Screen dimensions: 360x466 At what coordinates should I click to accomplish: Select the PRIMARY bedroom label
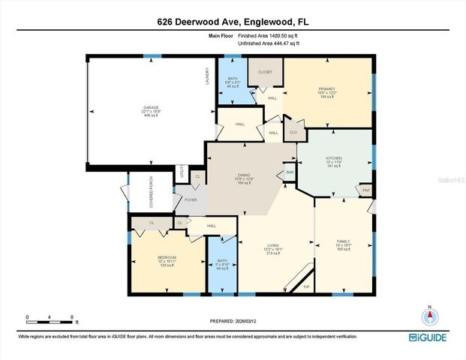pos(327,88)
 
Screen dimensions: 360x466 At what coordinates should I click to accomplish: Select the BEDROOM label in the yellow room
pos(167,258)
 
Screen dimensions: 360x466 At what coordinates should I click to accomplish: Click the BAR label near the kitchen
pos(290,174)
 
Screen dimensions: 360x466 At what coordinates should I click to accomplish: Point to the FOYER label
pos(191,200)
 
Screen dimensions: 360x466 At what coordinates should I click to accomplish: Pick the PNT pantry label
pos(365,190)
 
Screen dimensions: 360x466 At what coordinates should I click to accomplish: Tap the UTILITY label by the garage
pos(181,172)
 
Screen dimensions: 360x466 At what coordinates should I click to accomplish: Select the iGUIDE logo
pos(432,339)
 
